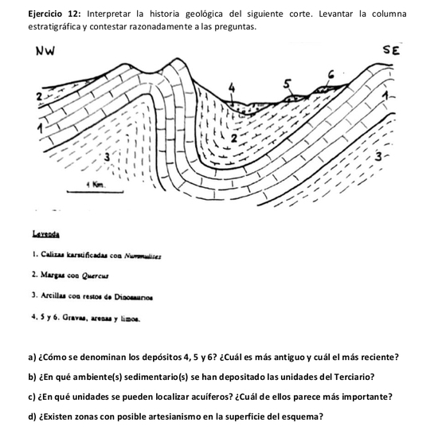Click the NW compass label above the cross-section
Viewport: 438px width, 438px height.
point(49,53)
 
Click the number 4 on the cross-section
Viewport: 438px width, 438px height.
point(232,85)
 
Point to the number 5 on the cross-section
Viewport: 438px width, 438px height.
point(288,82)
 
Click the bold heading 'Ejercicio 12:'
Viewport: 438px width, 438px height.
point(55,14)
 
